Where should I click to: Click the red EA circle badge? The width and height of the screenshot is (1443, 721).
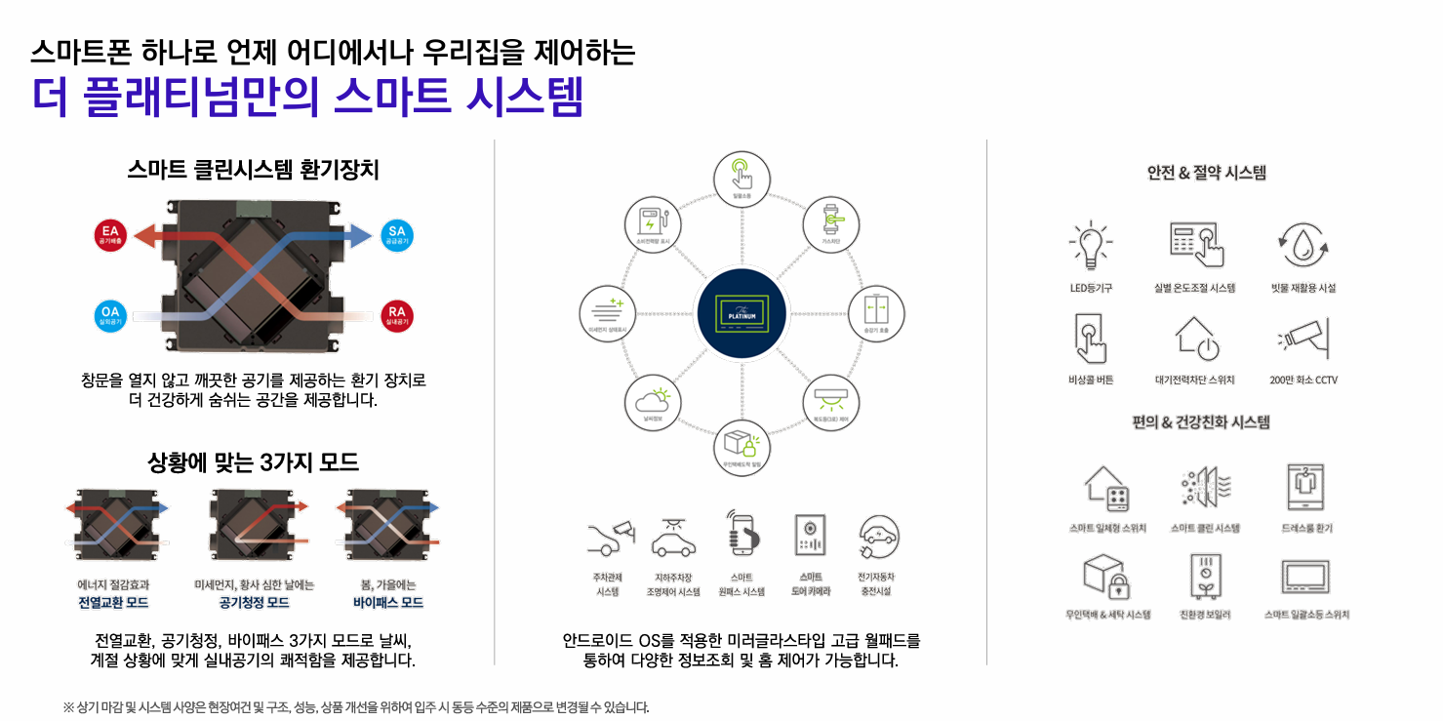[x=110, y=235]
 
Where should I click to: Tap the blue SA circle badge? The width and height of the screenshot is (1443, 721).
[x=396, y=235]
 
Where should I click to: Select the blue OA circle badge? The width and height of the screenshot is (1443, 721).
[x=110, y=314]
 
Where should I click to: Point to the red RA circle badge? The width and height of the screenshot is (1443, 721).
[x=396, y=314]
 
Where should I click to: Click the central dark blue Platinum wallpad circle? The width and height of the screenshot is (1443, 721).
[x=742, y=312]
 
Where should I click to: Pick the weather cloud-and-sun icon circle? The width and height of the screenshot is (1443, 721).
[x=652, y=404]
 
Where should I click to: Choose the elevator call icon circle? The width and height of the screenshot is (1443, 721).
[x=876, y=312]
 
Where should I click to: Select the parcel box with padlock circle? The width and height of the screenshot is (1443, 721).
[x=742, y=447]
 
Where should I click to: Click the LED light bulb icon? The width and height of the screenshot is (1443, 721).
[x=1091, y=245]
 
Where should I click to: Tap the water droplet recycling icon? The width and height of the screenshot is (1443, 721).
[x=1303, y=246]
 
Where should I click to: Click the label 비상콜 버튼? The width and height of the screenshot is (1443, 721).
[x=1091, y=380]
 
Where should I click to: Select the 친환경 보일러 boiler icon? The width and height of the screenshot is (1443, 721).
[x=1205, y=576]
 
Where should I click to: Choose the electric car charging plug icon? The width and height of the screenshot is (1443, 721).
[x=878, y=538]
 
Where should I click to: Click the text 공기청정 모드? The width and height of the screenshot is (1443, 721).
[x=254, y=602]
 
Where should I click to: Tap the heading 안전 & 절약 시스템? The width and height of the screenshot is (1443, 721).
[x=1206, y=173]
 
